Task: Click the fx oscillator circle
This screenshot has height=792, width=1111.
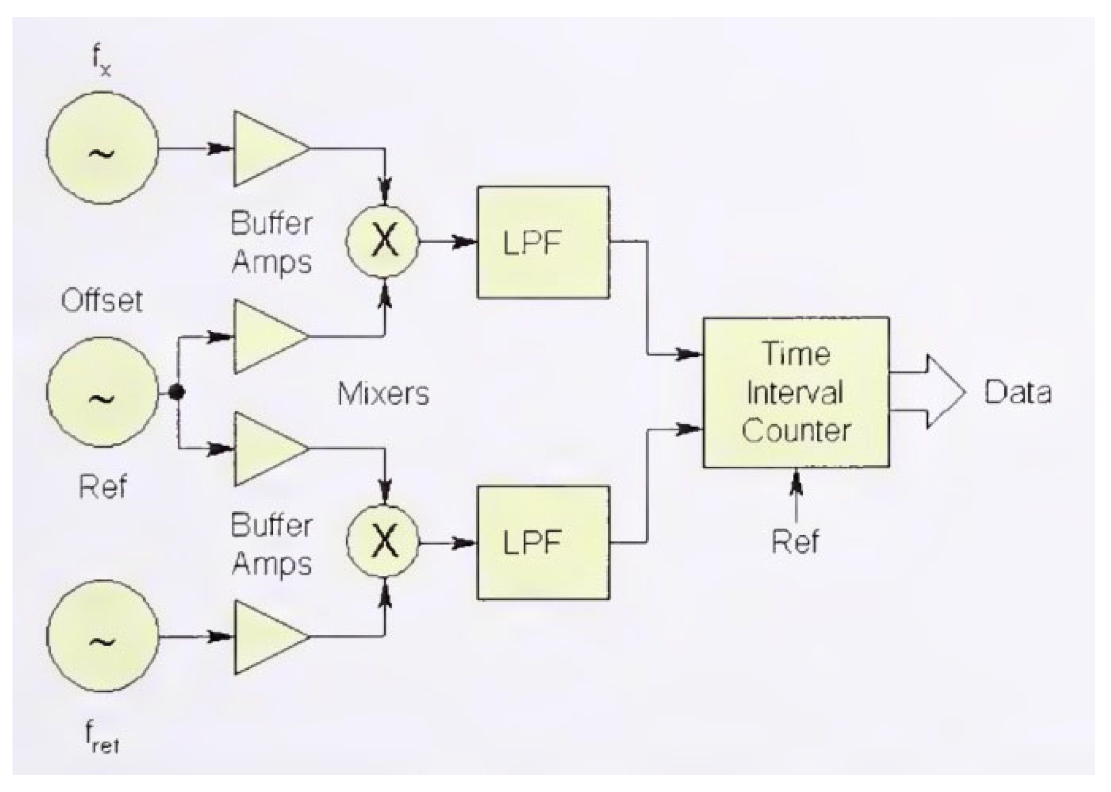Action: click(x=102, y=147)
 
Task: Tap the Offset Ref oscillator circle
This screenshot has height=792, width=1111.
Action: click(x=102, y=392)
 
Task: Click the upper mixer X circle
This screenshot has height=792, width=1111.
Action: click(x=384, y=241)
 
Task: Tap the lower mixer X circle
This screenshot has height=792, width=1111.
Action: click(x=384, y=542)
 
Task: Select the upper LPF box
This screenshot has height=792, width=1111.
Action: click(x=543, y=242)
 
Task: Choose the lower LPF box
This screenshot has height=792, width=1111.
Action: click(x=543, y=542)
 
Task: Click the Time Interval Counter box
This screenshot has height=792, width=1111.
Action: click(x=796, y=392)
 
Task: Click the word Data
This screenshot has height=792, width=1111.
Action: click(x=1017, y=392)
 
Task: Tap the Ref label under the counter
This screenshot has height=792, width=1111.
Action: click(x=795, y=541)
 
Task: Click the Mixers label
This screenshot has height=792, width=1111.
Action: click(x=383, y=394)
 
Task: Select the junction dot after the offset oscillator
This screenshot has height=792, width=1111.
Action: click(x=177, y=392)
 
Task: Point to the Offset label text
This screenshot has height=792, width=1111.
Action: click(x=102, y=301)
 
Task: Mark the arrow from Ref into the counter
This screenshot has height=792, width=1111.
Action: click(x=795, y=488)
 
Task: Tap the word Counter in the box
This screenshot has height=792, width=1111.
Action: click(x=796, y=431)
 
